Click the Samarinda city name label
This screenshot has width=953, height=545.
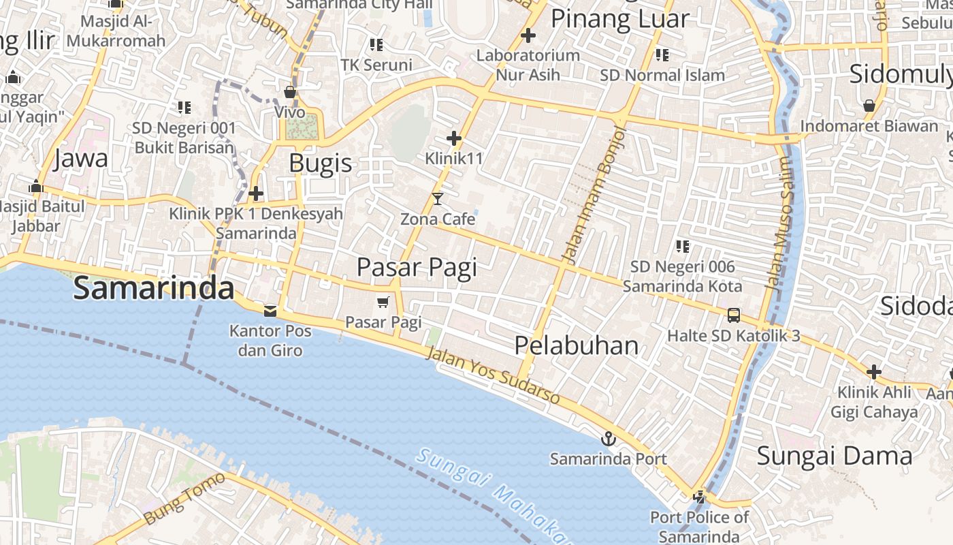tap(154, 288)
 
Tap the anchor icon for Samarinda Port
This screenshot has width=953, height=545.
tap(609, 439)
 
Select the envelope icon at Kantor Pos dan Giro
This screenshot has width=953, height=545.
tap(270, 311)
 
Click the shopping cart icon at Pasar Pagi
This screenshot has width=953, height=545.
tap(383, 302)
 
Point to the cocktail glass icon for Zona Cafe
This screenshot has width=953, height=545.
tap(438, 199)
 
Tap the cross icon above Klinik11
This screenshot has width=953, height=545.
tap(454, 139)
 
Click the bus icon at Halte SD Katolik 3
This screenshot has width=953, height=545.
tap(733, 315)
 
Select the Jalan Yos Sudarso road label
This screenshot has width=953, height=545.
tap(493, 375)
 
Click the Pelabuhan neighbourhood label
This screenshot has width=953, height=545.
tap(576, 345)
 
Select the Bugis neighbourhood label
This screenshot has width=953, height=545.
tap(321, 163)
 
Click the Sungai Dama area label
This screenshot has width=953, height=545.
tap(834, 456)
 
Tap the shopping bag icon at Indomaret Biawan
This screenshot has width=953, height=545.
tap(869, 106)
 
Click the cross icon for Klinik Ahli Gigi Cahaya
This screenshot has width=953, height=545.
tap(874, 372)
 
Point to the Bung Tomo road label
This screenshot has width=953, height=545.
tap(184, 499)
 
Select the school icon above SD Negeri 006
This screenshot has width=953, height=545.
tap(683, 246)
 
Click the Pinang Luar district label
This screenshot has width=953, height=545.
tap(619, 19)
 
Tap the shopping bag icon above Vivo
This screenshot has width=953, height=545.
tap(290, 92)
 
